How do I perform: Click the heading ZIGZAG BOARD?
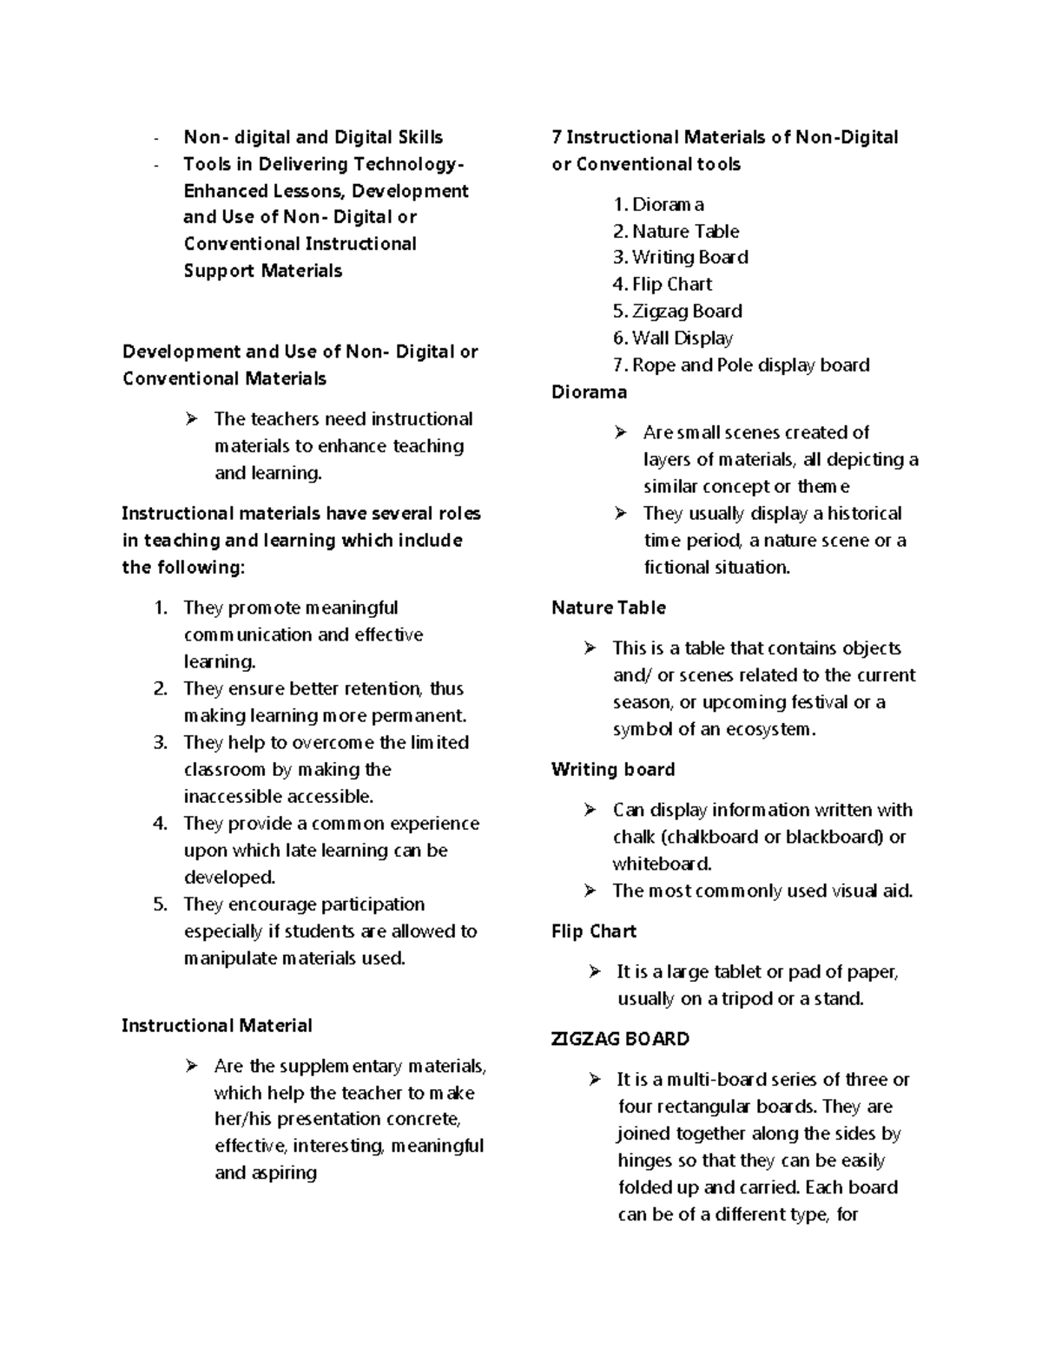click(620, 1039)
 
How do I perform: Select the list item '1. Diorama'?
click(658, 205)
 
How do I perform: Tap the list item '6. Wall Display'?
click(673, 339)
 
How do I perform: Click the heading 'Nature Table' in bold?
click(608, 608)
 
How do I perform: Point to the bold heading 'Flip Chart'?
click(594, 931)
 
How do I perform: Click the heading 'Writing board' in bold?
click(612, 770)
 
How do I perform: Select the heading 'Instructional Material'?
click(216, 1026)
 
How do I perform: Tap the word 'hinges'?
click(644, 1161)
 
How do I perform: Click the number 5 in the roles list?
click(160, 904)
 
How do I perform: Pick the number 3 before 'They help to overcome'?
click(160, 743)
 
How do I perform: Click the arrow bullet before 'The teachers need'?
click(192, 419)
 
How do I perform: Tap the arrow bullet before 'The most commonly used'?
click(590, 891)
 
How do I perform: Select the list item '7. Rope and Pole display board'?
click(741, 365)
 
